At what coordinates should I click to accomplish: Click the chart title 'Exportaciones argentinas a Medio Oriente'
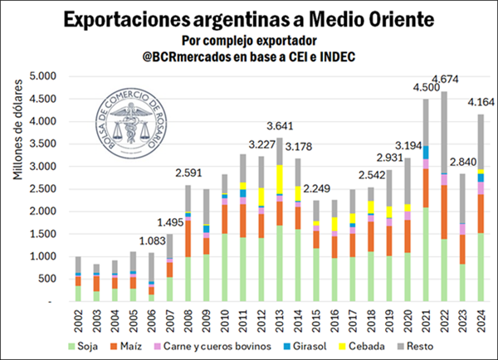tap(248, 17)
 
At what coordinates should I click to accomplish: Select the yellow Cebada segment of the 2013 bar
tap(279, 178)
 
